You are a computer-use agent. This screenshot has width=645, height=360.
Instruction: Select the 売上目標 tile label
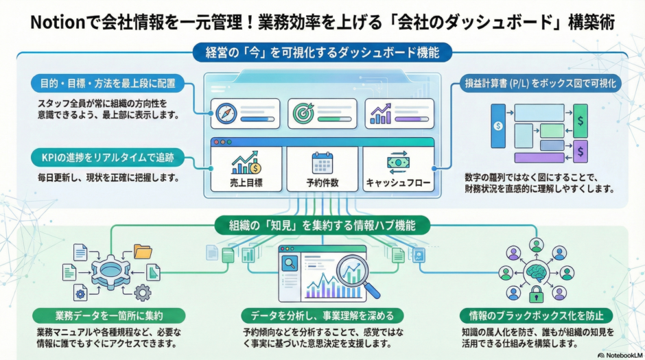click(x=246, y=183)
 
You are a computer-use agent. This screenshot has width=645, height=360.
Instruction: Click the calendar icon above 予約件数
click(x=322, y=163)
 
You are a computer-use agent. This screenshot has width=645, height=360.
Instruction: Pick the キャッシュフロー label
click(x=397, y=183)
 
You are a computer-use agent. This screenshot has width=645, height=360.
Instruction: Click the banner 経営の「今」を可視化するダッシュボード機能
click(x=322, y=51)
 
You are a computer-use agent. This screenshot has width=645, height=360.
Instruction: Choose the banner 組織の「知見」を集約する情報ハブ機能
click(x=322, y=224)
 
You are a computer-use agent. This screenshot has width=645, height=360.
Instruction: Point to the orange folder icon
click(x=143, y=251)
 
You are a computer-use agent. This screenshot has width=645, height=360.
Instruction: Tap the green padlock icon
click(x=536, y=296)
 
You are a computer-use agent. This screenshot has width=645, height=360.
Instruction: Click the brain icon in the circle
click(x=536, y=272)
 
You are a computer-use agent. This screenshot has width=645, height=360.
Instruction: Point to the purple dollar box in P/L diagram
click(x=580, y=150)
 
